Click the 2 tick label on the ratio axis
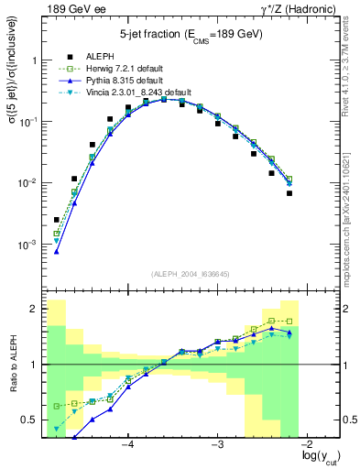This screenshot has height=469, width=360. click(x=34, y=310)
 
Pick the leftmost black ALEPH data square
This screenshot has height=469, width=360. click(x=57, y=220)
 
